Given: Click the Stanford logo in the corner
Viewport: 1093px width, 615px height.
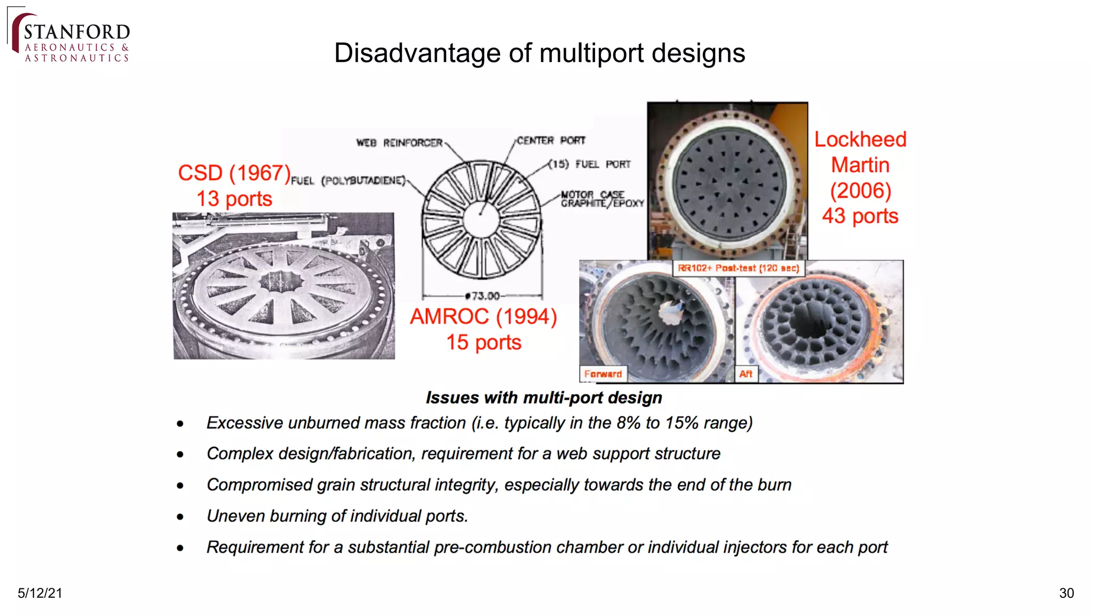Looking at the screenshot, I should tap(69, 36).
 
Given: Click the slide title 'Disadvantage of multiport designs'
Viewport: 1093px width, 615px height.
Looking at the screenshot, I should tap(539, 53).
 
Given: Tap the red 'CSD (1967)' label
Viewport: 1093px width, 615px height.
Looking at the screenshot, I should tap(234, 173).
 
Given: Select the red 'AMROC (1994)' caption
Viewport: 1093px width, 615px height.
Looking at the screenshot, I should tap(483, 317).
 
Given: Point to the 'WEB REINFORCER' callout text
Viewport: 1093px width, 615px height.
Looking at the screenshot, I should tap(399, 143).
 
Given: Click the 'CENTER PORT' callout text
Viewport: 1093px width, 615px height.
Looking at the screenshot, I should tap(551, 140).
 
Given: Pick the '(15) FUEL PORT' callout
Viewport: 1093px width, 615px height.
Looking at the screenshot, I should tap(590, 164).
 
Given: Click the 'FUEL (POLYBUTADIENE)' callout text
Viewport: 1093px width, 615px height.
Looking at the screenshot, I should tap(348, 180).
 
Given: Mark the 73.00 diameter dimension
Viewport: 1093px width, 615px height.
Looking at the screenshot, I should tap(483, 296).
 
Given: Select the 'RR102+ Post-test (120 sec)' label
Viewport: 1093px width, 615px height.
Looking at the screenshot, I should tap(738, 268).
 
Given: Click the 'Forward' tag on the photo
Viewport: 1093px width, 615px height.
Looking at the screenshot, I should tap(603, 374).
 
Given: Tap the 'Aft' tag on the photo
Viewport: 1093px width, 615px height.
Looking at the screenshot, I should tap(746, 374).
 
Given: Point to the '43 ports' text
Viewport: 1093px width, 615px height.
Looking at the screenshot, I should tap(860, 216).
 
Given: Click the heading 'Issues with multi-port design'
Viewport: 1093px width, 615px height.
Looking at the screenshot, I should tap(543, 398).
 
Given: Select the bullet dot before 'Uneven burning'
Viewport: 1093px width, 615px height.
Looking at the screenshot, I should tap(180, 517).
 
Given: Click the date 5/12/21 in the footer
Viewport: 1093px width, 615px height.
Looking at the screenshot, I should tap(40, 593).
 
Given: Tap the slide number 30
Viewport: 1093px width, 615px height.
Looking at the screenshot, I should tap(1066, 593).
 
